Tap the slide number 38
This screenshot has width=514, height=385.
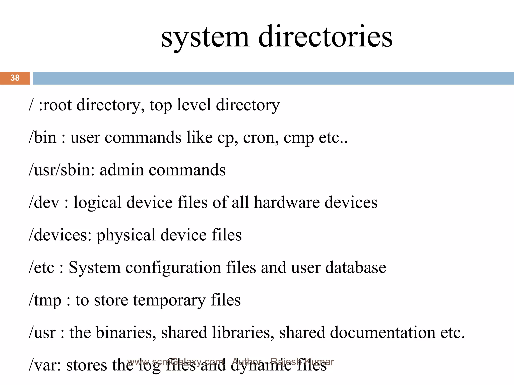pyautogui.click(x=15, y=78)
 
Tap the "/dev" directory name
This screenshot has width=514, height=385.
pyautogui.click(x=44, y=202)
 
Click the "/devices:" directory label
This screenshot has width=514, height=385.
pyautogui.click(x=60, y=235)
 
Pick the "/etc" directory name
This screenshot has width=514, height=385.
pyautogui.click(x=41, y=267)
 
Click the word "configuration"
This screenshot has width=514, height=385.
pyautogui.click(x=173, y=268)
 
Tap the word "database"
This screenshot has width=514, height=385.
pyautogui.click(x=356, y=267)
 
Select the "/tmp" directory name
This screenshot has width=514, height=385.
pyautogui.click(x=45, y=300)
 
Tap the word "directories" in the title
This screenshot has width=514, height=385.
pyautogui.click(x=325, y=37)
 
